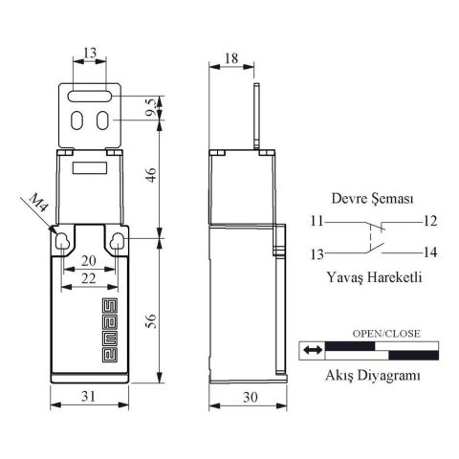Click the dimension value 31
tap(87, 395)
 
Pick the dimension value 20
tap(88, 261)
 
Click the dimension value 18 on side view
tap(231, 58)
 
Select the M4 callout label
tap(35, 205)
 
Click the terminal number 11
tap(316, 221)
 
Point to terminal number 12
tap(429, 221)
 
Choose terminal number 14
tap(429, 252)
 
